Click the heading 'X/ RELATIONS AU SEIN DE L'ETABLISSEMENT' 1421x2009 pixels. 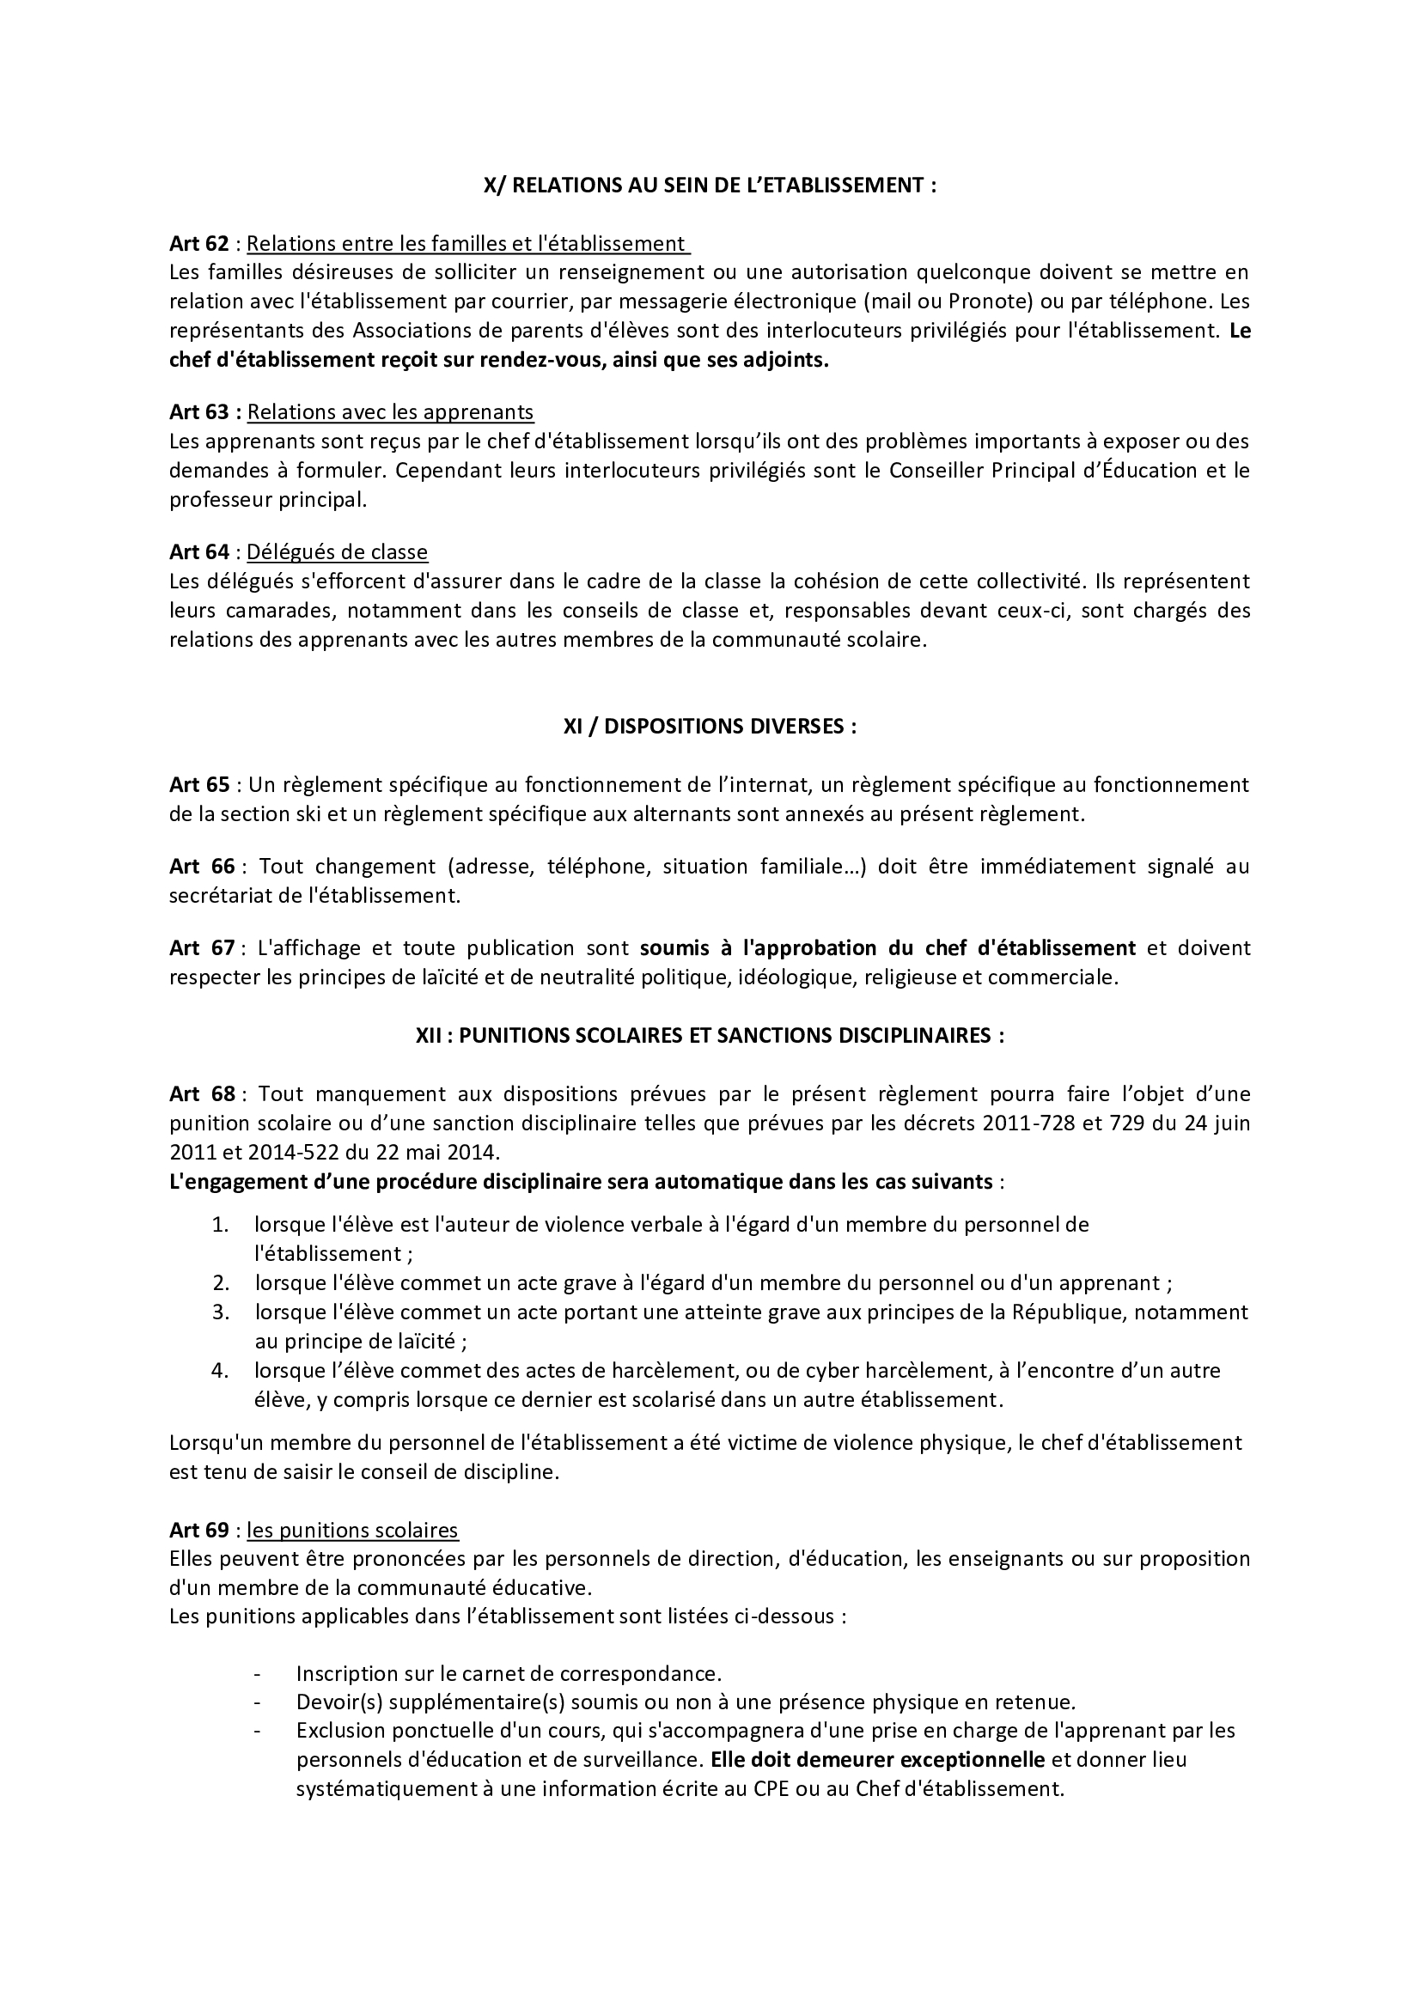(x=710, y=186)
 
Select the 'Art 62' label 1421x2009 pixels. (x=198, y=243)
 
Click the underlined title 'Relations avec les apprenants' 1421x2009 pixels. (x=390, y=412)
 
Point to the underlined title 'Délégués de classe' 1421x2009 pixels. (x=337, y=552)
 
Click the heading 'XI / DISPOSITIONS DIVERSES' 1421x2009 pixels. (x=710, y=728)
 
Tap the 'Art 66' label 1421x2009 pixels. (x=202, y=867)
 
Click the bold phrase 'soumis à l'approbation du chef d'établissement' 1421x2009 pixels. (x=887, y=947)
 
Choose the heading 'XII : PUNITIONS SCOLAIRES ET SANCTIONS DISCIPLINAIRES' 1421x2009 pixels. (x=710, y=1035)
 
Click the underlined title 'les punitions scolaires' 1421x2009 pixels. (x=351, y=1531)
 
